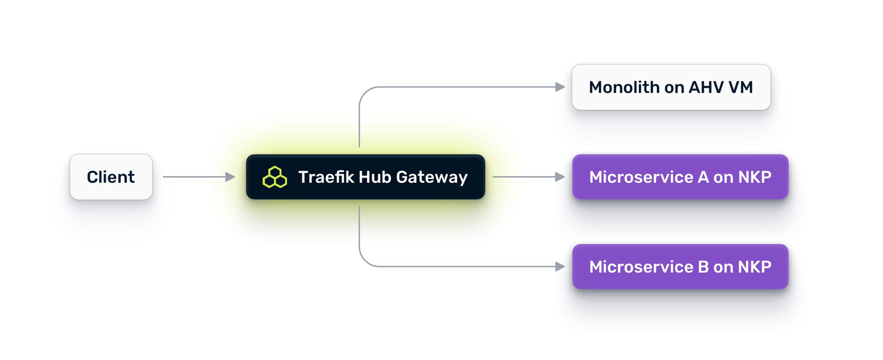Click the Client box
pos(111,177)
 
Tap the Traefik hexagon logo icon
pos(275,177)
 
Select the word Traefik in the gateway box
pos(326,177)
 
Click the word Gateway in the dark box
pos(431,177)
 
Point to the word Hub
pos(375,177)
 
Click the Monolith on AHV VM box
pos(671,87)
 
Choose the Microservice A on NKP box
pos(680,177)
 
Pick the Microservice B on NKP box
pos(680,266)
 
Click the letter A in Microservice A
pos(703,177)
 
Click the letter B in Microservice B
pos(703,266)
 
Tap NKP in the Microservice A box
pos(755,177)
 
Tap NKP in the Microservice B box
pos(755,266)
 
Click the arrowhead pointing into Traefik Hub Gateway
pos(230,177)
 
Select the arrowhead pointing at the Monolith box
pos(560,87)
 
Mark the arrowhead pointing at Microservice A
pos(560,177)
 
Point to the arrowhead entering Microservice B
pos(560,266)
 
